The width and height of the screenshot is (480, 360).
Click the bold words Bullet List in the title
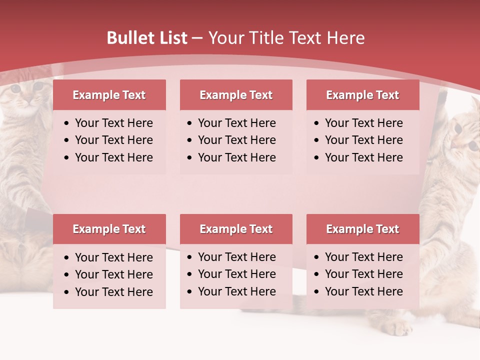(x=147, y=38)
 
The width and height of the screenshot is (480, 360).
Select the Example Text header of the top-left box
(x=109, y=95)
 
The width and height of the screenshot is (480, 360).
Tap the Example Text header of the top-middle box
(x=236, y=95)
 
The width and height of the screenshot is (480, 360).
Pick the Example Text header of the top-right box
(x=362, y=95)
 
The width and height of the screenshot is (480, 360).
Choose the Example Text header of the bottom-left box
(x=109, y=229)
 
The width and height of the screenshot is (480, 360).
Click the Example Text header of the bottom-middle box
(x=236, y=229)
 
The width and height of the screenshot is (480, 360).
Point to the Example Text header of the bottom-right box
(x=362, y=229)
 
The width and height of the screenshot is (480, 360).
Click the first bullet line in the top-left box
(x=113, y=123)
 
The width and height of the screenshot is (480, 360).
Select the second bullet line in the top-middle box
(x=236, y=140)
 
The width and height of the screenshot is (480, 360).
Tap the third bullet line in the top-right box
(x=363, y=157)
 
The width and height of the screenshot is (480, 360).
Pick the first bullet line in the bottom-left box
(x=113, y=257)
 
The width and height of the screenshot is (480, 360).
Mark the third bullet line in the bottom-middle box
(x=236, y=291)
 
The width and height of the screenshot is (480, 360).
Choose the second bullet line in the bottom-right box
(x=363, y=274)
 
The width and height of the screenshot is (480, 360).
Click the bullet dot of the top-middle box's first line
(x=190, y=123)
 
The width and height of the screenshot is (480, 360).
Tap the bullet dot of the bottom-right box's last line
(x=317, y=292)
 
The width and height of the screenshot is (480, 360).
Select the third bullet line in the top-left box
(x=113, y=157)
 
